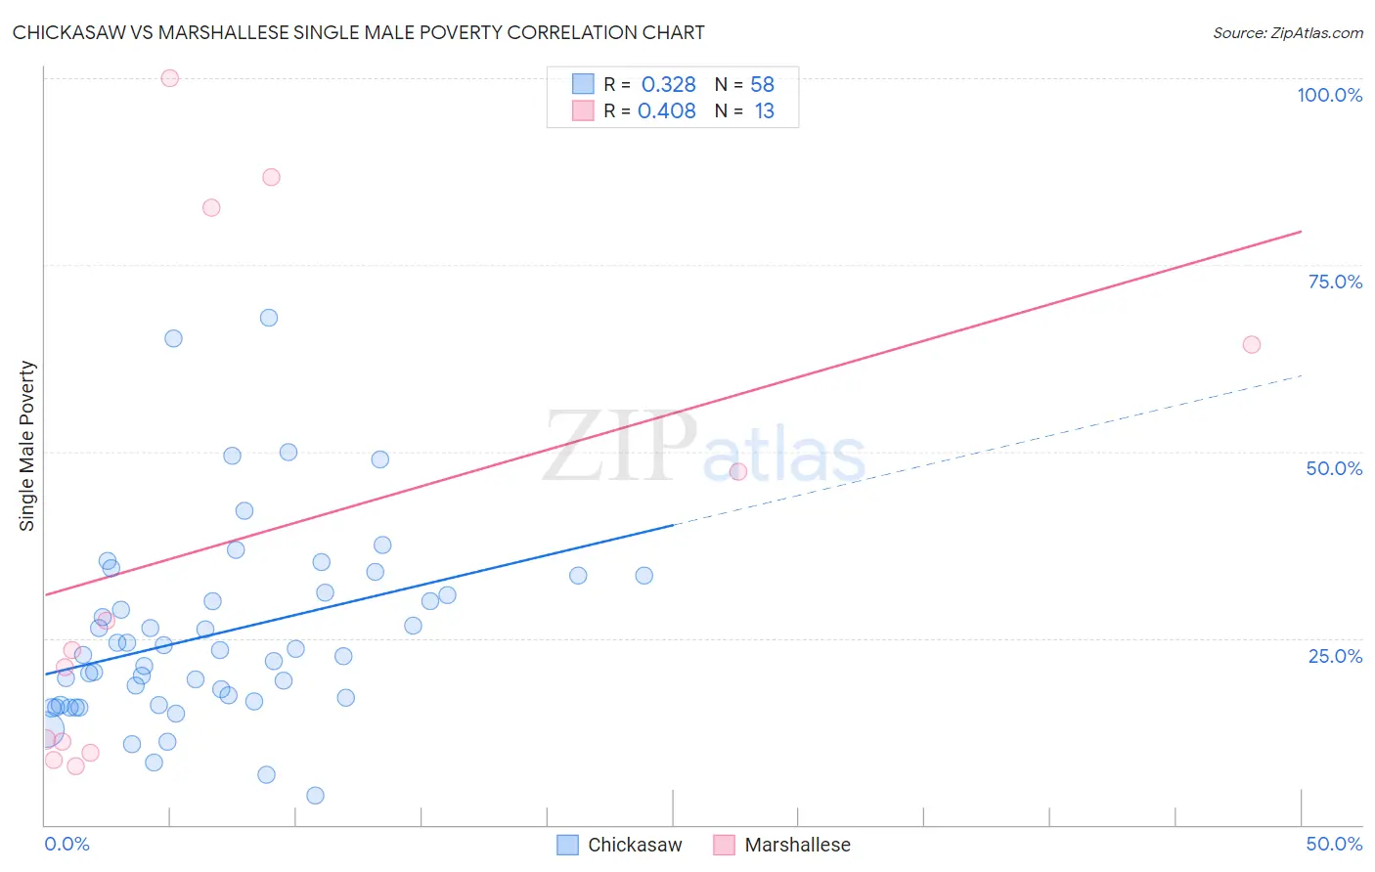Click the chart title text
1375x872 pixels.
click(358, 32)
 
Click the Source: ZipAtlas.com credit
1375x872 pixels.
click(1287, 33)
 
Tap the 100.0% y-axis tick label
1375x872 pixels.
click(1329, 95)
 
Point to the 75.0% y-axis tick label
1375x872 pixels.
click(1335, 282)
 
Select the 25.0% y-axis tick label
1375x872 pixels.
click(1335, 655)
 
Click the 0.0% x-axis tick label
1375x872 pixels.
click(67, 844)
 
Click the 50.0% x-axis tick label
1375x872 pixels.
click(1334, 844)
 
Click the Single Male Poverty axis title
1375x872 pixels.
click(27, 446)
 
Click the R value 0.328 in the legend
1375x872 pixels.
click(668, 85)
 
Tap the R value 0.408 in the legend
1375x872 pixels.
click(666, 111)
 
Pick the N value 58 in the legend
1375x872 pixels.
click(762, 85)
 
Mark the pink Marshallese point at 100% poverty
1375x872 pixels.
click(169, 78)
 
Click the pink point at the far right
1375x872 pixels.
click(1251, 344)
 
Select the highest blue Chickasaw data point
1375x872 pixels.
click(269, 318)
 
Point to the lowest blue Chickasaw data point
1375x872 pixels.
click(315, 795)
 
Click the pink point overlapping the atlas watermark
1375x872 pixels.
click(738, 471)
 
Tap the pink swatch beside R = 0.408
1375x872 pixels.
click(583, 110)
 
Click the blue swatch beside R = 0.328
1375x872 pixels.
click(583, 84)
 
